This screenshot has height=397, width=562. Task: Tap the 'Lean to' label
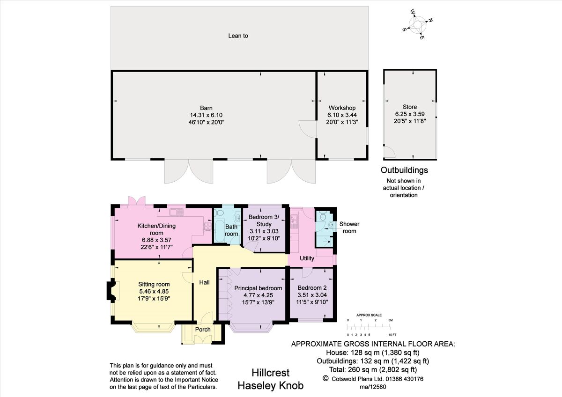coord(238,36)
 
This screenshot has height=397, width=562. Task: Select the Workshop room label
coord(342,108)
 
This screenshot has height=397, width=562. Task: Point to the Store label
coord(409,107)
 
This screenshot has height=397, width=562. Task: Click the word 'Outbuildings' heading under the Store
coord(404,170)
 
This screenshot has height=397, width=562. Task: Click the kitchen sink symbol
coord(177,213)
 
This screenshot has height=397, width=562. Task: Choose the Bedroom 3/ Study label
coord(264,221)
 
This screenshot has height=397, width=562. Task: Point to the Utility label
coord(307,258)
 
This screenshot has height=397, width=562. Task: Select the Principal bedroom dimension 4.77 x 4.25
coord(258,295)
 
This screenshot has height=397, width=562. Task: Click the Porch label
coord(203,330)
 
